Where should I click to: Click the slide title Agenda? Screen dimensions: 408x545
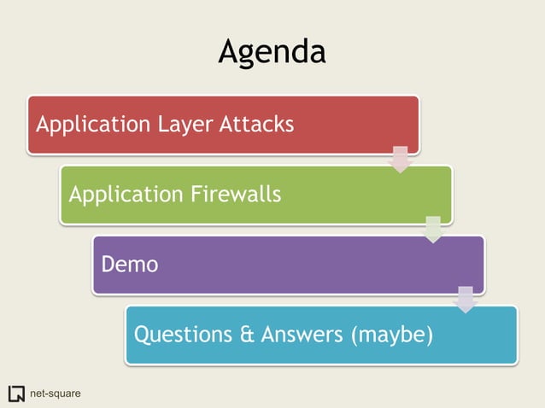[272, 51]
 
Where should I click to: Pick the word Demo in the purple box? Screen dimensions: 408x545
[129, 265]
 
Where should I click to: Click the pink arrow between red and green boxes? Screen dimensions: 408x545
[400, 159]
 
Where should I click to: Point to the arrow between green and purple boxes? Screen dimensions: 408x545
[433, 229]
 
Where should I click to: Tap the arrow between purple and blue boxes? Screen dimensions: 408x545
[465, 300]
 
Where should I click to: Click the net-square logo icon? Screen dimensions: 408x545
[16, 393]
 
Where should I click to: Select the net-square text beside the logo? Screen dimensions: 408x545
[55, 393]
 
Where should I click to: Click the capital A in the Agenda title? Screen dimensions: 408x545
[229, 51]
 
